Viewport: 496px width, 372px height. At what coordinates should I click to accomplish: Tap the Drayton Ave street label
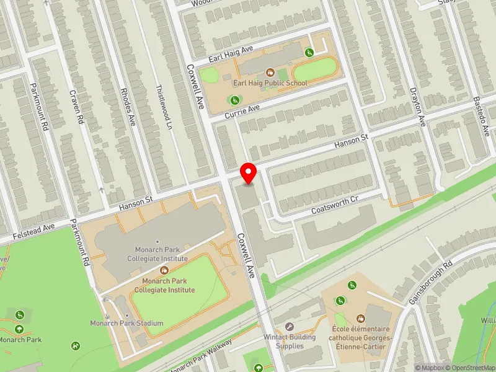tap(420, 105)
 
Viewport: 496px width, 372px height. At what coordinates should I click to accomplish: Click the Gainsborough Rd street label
tap(431, 280)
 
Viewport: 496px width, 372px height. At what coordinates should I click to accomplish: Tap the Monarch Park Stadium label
tap(126, 323)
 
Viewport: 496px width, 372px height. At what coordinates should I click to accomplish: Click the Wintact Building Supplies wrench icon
tap(288, 326)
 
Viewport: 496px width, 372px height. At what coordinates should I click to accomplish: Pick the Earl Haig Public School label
tap(270, 83)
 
